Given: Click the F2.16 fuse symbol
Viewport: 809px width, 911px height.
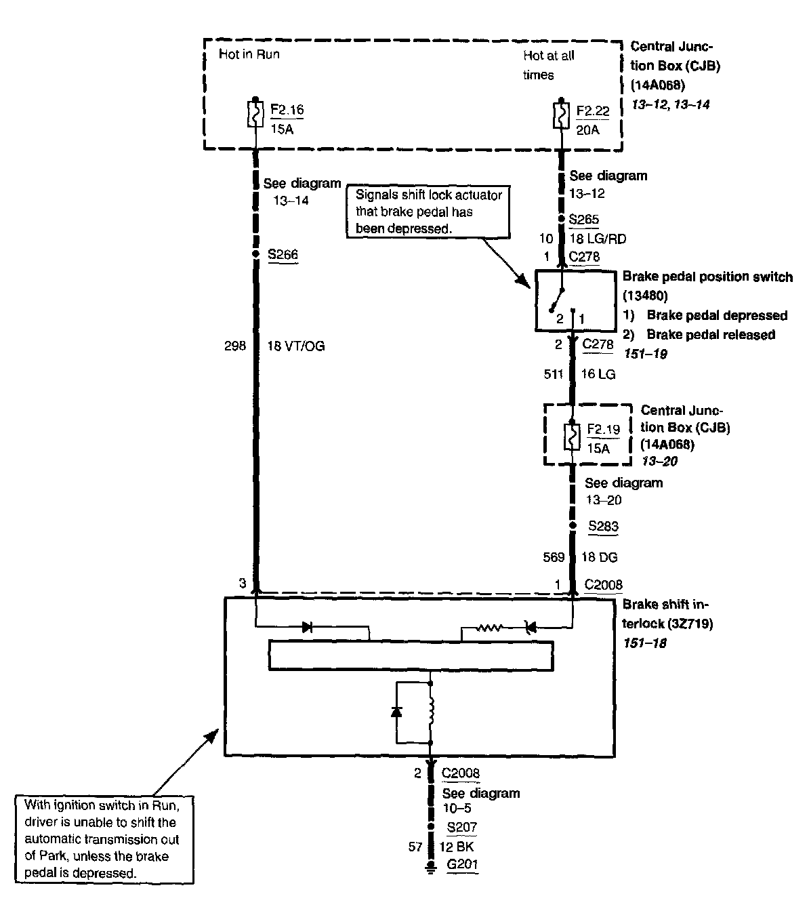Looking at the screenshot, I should pos(255,115).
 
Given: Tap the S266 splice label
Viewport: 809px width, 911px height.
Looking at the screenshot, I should pos(283,255).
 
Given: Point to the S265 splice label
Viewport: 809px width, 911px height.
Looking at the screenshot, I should pos(583,220).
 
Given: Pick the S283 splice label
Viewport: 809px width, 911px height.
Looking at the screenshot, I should pos(603,526).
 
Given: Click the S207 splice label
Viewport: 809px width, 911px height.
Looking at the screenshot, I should pos(461,827).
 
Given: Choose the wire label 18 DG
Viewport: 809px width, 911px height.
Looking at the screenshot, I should pos(599,557).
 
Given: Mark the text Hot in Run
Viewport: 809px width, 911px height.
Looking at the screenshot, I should pos(249,54).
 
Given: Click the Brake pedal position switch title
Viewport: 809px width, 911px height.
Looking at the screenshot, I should pos(707,277).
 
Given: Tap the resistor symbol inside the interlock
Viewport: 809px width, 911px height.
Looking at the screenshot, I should pos(489,628).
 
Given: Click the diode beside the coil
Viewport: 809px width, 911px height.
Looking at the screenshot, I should pos(396,711).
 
